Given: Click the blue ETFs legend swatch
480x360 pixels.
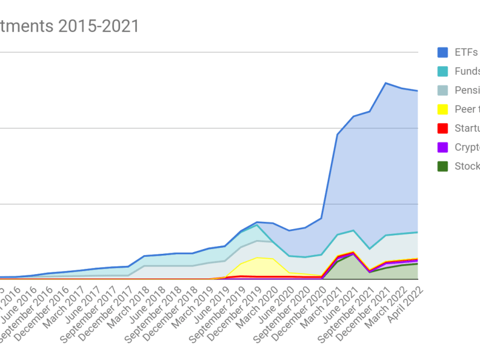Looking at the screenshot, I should pos(443,52).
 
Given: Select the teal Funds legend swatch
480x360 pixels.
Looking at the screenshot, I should pos(443,71).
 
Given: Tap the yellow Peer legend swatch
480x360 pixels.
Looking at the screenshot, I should pos(443,109).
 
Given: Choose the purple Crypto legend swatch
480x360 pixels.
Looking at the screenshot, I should pos(443,147).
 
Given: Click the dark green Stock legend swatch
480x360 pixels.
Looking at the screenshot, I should pos(443,166).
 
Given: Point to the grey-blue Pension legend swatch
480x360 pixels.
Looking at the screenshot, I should pos(443,90).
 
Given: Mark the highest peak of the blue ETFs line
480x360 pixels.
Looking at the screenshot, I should pos(386,83).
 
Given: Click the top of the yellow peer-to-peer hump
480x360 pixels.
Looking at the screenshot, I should pos(257,258).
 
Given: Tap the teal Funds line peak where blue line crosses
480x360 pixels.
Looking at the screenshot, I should pos(257,225).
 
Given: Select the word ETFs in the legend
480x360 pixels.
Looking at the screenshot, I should pos(466,52).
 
